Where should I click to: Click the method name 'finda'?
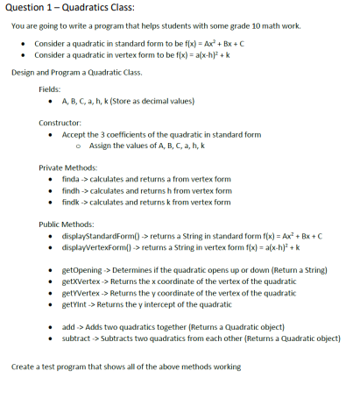click(x=71, y=178)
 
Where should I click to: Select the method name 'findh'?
click(x=71, y=189)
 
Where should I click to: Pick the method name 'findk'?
click(x=71, y=201)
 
